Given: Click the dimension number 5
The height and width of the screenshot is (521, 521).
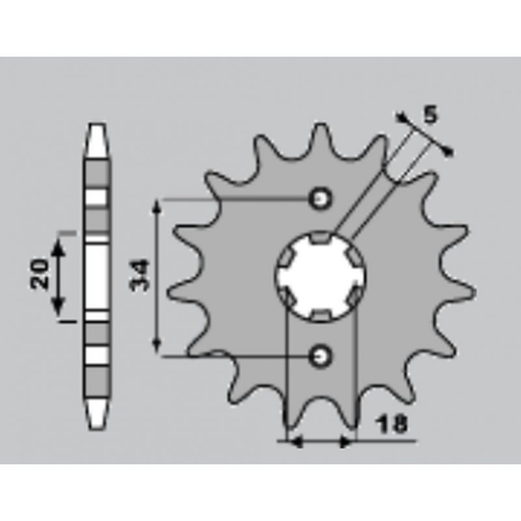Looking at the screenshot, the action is (430, 115).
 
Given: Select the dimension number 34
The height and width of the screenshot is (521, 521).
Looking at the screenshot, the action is (140, 275).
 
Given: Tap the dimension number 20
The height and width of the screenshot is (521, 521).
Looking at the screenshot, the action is (39, 273).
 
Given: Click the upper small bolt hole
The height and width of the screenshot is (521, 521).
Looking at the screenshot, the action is (320, 199).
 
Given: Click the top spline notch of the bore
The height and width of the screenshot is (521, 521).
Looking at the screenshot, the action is (321, 238).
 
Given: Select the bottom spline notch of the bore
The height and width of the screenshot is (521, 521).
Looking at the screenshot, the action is (320, 315).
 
